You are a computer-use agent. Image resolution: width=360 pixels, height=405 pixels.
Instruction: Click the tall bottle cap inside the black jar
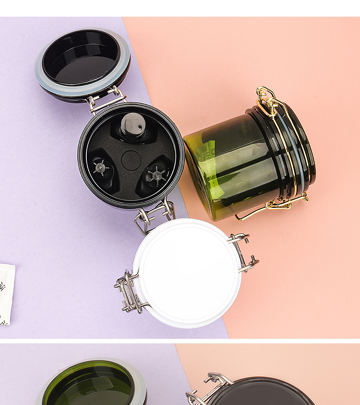tap(133, 126)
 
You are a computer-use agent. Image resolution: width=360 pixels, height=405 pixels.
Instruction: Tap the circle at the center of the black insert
tap(131, 160)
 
